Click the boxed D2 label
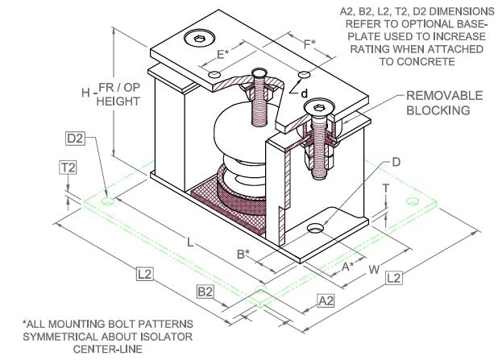coord(77,139)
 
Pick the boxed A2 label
coord(326,300)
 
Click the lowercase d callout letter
coord(305,93)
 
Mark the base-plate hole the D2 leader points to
coord(107,194)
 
